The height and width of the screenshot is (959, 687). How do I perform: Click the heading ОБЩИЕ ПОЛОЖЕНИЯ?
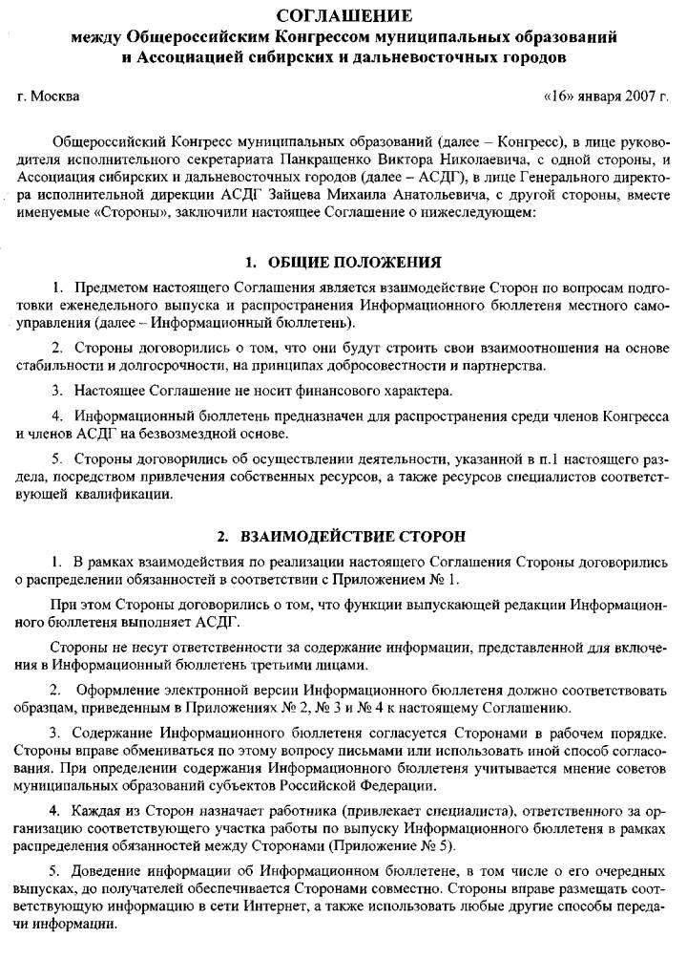click(x=355, y=262)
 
